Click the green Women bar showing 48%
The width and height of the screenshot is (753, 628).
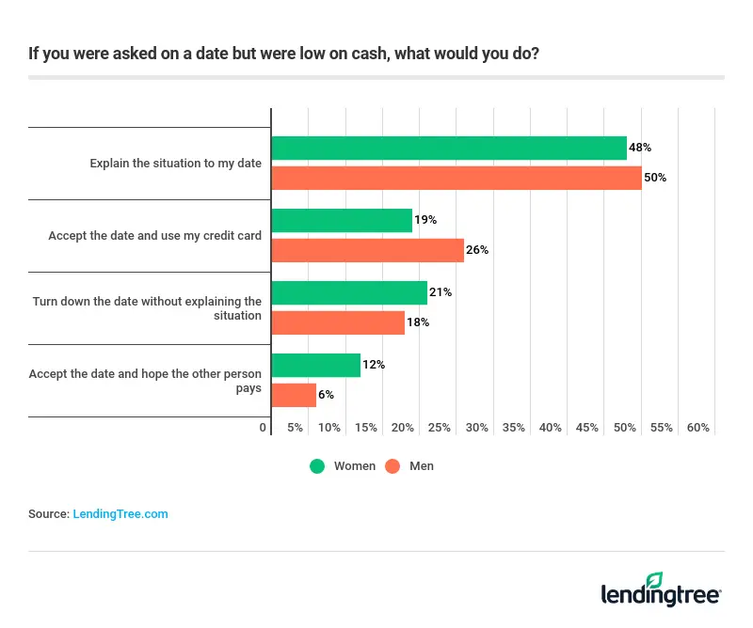pos(448,148)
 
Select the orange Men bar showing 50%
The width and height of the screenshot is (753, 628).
pos(456,178)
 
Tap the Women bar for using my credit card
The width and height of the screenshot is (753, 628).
pos(342,220)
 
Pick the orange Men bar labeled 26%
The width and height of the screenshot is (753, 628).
pos(367,250)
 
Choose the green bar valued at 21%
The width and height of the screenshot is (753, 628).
pos(348,292)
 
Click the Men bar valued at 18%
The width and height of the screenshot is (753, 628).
pos(338,322)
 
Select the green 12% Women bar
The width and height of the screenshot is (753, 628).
pos(315,365)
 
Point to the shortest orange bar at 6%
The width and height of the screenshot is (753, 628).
pos(294,395)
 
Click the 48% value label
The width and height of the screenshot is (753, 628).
pos(640,148)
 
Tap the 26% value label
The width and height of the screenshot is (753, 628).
pos(477,250)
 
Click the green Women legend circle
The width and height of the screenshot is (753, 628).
pos(317,466)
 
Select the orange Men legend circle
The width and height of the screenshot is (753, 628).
pos(393,466)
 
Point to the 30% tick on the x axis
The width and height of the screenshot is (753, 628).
pos(476,428)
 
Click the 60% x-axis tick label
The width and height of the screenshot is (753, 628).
pos(697,428)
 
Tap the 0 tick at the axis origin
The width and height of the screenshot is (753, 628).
pos(263,428)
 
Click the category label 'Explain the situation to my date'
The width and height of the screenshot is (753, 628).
pos(175,164)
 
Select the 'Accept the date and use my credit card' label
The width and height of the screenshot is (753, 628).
pos(154,235)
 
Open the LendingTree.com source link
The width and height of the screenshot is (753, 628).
pos(120,514)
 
